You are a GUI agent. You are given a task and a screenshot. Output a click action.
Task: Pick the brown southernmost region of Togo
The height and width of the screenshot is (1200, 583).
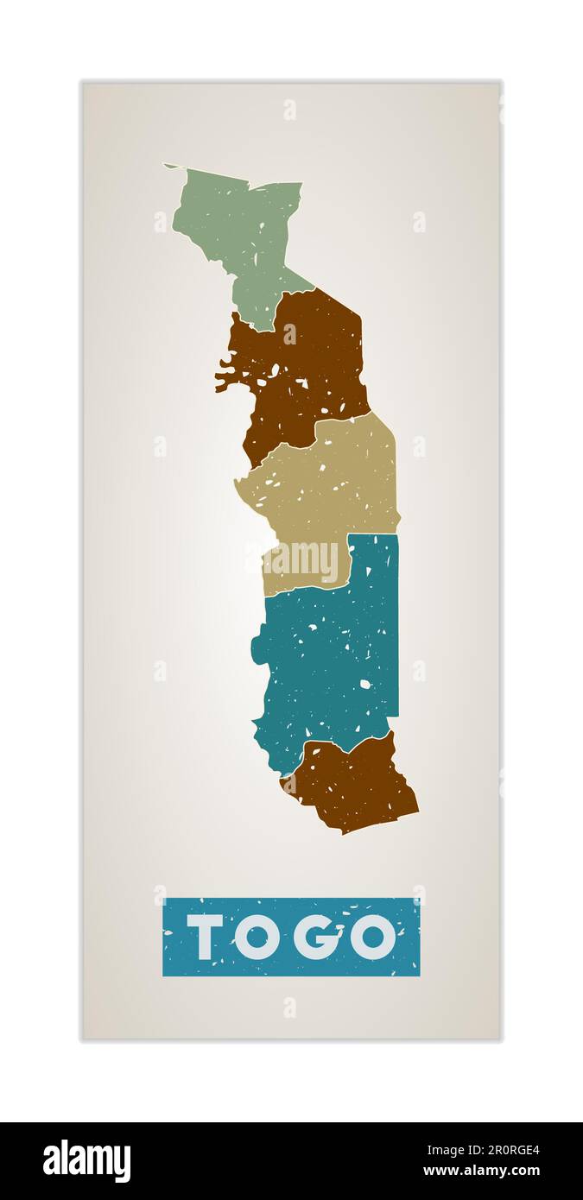tap(354, 786)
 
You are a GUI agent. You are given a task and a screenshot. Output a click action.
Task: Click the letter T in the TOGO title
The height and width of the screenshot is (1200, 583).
tap(205, 937)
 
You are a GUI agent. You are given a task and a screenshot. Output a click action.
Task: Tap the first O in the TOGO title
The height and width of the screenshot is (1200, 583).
tap(257, 937)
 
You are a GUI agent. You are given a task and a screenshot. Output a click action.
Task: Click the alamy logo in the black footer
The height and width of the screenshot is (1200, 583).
tap(87, 1160)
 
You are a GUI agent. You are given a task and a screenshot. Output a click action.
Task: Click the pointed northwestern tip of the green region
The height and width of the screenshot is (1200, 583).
tap(168, 166)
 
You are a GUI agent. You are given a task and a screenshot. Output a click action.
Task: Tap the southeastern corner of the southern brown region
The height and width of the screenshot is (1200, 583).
tap(415, 809)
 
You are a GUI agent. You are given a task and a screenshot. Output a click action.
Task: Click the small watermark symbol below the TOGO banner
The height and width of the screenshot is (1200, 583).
tap(289, 1007)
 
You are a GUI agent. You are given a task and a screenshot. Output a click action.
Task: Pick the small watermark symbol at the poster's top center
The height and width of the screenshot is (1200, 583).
tap(289, 110)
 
